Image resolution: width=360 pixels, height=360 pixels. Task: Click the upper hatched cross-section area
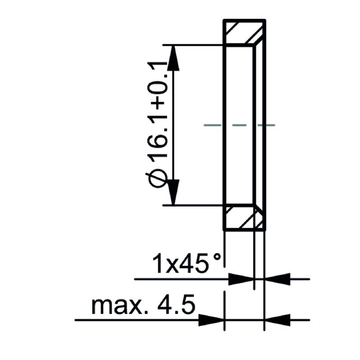point(243,32)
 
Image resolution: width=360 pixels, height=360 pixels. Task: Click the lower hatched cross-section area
point(243,218)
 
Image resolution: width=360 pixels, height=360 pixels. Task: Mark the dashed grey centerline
point(239,125)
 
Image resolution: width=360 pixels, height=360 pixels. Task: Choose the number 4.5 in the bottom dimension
point(178,306)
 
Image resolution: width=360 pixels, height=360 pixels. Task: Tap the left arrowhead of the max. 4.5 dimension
point(211,320)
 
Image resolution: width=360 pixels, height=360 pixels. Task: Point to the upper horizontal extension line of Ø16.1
point(193,45)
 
